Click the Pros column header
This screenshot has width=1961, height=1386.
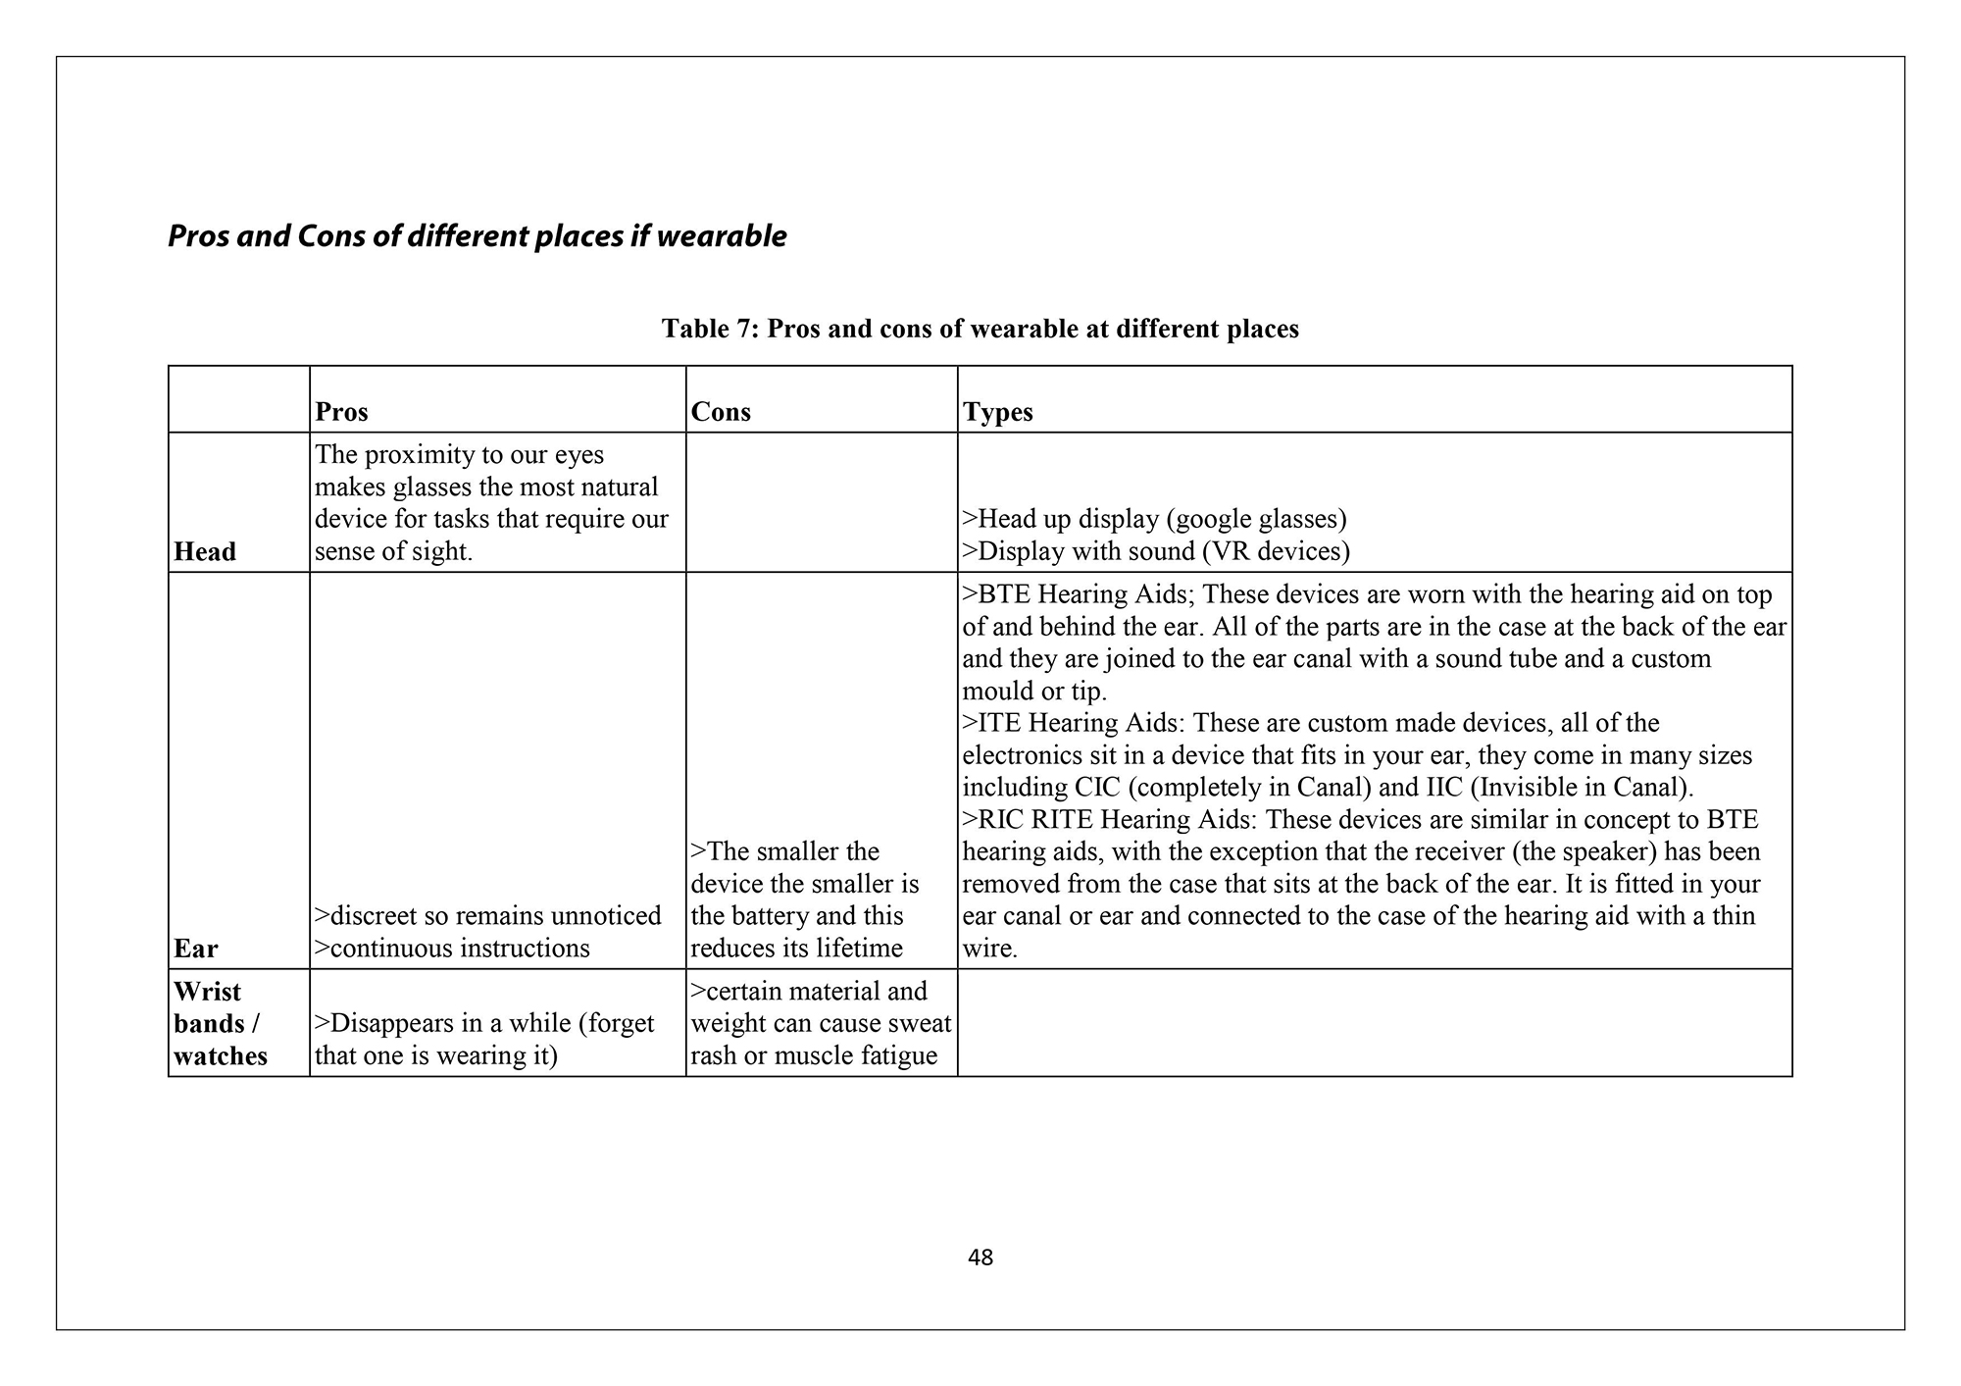click(341, 412)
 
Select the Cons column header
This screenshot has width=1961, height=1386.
click(721, 412)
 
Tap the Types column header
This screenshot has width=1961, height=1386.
click(998, 412)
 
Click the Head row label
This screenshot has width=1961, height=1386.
click(205, 552)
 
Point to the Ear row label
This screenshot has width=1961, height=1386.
click(196, 949)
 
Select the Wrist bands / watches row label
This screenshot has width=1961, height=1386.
click(221, 1023)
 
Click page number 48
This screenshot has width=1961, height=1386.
click(980, 1258)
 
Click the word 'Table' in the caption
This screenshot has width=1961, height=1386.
click(694, 329)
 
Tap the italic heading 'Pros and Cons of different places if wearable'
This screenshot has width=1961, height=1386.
click(478, 236)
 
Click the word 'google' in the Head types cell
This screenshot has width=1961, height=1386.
click(1211, 519)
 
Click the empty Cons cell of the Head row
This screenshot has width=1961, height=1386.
click(821, 502)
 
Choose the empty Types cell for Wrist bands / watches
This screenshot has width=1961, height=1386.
click(1374, 1023)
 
